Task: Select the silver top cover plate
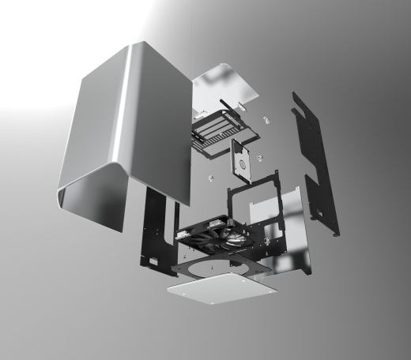point(225,91)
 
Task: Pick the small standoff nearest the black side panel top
point(266,119)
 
